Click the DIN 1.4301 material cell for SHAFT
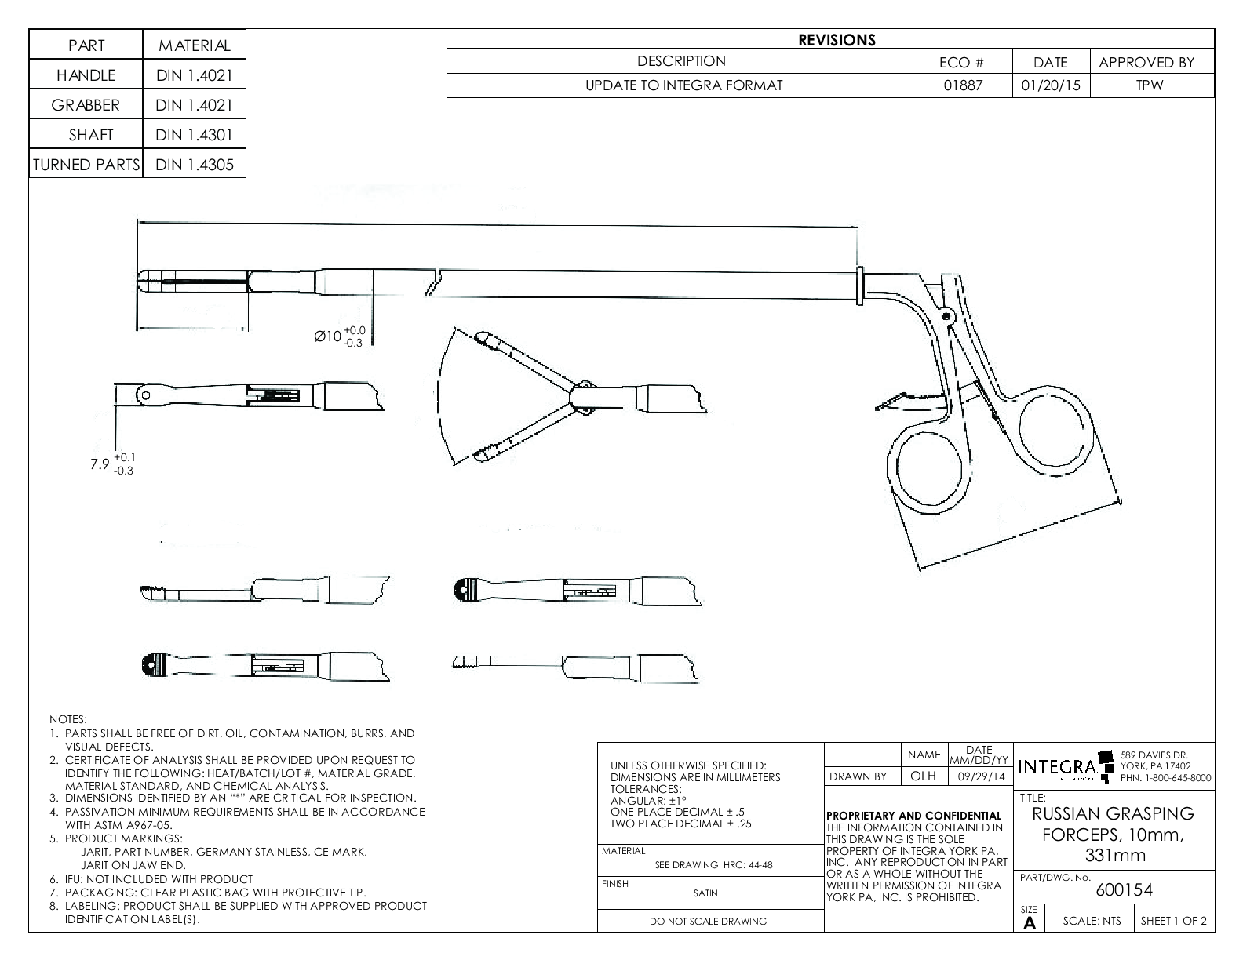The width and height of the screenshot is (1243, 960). (194, 135)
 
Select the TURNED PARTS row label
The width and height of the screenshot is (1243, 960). (86, 165)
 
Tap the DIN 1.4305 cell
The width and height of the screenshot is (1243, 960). (194, 165)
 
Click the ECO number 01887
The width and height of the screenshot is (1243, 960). (963, 85)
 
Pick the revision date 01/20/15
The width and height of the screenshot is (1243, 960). (1050, 85)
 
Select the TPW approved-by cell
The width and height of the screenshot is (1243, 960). (1150, 85)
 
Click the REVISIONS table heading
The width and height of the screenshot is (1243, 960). (837, 40)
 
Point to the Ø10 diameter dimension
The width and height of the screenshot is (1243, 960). (328, 336)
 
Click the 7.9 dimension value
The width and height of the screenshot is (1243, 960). (99, 464)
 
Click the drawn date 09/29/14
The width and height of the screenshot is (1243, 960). (979, 776)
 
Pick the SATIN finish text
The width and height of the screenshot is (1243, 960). (705, 893)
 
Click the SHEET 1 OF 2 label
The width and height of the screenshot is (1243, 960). (1174, 921)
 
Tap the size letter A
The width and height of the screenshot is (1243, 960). (1030, 923)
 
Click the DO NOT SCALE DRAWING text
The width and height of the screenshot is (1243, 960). (708, 921)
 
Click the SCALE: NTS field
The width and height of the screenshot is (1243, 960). (1092, 921)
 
